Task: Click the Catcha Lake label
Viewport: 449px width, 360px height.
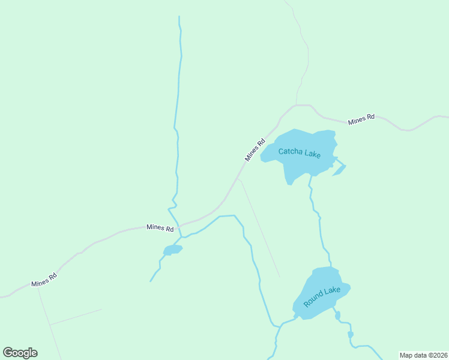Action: tap(300, 153)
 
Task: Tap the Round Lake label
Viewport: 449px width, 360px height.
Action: tap(322, 297)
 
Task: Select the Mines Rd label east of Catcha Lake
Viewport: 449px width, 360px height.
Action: tap(361, 119)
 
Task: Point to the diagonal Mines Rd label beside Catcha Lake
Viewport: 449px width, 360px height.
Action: tap(255, 150)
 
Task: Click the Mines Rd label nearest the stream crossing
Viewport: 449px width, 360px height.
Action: tap(160, 228)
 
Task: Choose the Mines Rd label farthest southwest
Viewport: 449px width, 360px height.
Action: tap(44, 279)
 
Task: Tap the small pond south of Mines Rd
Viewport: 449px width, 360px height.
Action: tap(172, 250)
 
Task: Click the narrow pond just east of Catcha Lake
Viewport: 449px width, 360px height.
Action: tap(339, 170)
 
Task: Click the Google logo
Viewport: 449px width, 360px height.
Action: tap(20, 353)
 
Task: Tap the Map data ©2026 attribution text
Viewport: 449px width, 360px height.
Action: tap(423, 355)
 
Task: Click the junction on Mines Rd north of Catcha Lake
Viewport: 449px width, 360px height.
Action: tap(297, 106)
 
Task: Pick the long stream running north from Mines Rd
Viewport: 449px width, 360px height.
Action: tap(178, 108)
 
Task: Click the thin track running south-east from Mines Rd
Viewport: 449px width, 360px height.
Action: tap(259, 228)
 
